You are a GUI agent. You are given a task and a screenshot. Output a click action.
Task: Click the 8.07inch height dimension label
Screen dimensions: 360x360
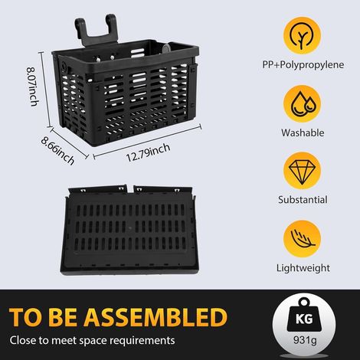click(33, 87)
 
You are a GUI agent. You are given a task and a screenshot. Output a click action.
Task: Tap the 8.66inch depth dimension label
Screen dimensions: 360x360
click(58, 150)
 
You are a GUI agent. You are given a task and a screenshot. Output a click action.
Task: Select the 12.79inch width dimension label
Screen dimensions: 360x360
click(148, 152)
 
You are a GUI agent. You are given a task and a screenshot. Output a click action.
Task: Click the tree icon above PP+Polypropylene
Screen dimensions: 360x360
click(302, 35)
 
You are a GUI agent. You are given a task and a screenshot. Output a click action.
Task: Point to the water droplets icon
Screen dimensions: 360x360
click(302, 104)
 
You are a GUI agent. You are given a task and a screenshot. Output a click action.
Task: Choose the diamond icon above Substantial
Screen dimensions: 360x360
click(302, 171)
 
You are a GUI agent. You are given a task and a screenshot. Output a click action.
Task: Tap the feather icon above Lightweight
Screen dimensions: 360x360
click(303, 239)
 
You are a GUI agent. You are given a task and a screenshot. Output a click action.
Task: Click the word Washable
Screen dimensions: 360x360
click(303, 133)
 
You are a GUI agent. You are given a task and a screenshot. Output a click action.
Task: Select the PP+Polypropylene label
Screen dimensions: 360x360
click(303, 65)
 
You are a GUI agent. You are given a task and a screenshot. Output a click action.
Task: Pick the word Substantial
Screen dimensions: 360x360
click(303, 200)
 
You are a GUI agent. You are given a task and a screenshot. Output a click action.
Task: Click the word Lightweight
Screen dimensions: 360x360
click(303, 268)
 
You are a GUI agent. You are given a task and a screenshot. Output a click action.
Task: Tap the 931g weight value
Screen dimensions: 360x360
click(305, 340)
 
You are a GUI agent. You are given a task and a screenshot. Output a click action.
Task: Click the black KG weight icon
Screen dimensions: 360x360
click(303, 316)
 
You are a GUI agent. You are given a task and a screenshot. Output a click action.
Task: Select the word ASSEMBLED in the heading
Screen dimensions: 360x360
click(155, 317)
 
